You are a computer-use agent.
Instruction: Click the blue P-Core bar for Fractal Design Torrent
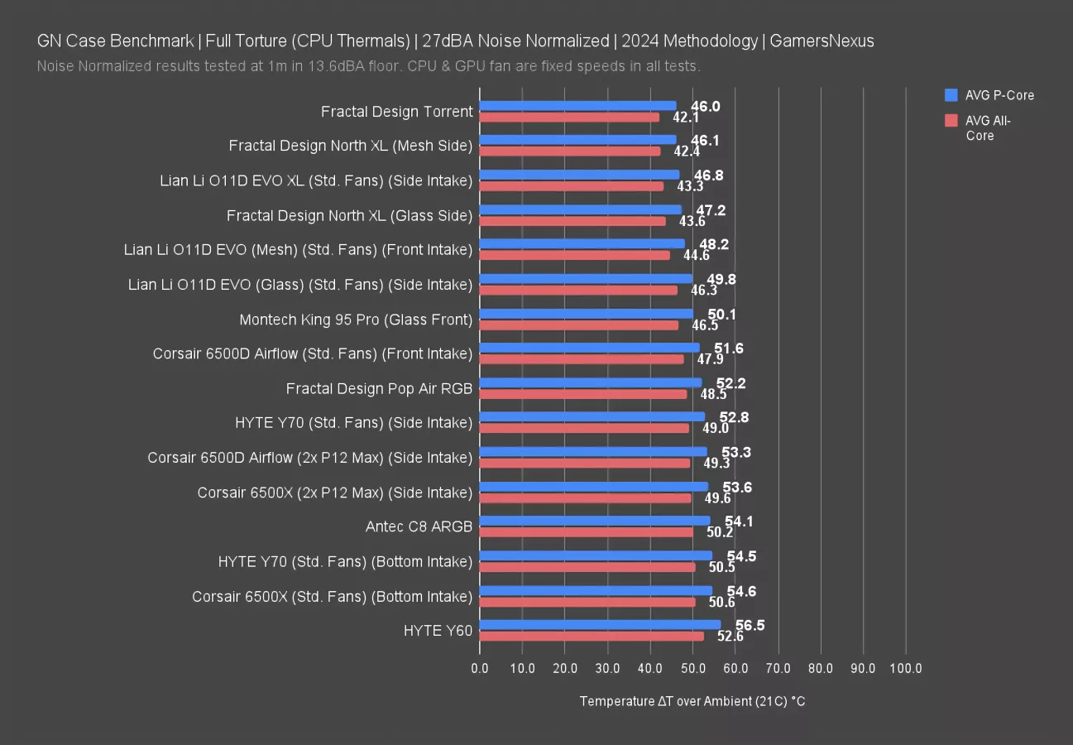[577, 106]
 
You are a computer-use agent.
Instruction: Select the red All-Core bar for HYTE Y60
[592, 636]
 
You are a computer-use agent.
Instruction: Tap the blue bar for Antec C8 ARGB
[594, 521]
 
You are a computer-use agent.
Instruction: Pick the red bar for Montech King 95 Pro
[578, 324]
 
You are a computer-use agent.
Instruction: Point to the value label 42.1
[686, 118]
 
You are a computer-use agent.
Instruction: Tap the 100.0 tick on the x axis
[906, 668]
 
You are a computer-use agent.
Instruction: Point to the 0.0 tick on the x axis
[480, 668]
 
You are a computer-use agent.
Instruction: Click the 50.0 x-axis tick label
[692, 668]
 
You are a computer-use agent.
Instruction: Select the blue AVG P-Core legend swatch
[951, 95]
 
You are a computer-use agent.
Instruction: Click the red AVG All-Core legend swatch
[951, 121]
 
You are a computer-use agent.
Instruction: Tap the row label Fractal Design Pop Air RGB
[379, 388]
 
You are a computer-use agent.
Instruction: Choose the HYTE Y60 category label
[438, 631]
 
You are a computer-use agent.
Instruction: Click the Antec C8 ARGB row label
[419, 526]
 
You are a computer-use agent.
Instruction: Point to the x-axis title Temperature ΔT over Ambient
[692, 701]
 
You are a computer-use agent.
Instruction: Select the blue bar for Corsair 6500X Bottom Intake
[596, 590]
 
